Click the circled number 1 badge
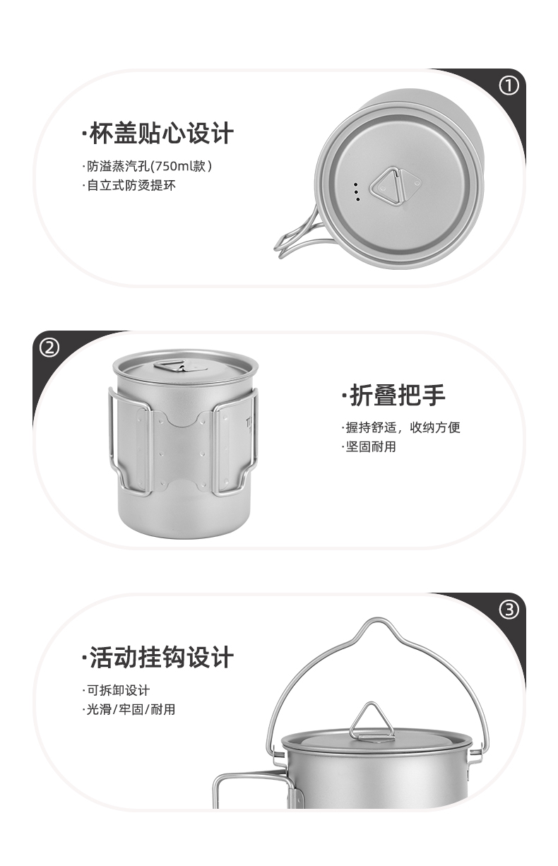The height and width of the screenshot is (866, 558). tap(509, 86)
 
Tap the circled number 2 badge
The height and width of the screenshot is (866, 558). tap(49, 348)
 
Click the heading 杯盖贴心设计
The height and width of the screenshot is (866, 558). tap(158, 133)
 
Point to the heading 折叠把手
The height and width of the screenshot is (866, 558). tap(393, 396)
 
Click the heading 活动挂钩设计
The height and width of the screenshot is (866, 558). tap(158, 658)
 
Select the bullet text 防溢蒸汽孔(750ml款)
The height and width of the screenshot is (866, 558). tap(149, 167)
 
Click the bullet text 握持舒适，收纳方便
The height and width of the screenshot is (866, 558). tap(401, 427)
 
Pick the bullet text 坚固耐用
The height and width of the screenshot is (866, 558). tap(370, 446)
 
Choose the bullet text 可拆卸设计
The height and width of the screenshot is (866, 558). tap(117, 690)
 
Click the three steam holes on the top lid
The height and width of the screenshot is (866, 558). tap(357, 191)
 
